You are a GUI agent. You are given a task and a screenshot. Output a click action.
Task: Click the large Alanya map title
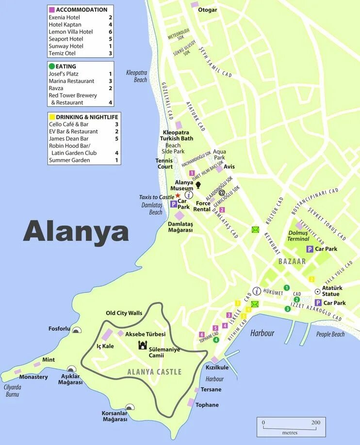pos(76,232)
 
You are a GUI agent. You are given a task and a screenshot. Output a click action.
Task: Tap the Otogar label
pos(208,10)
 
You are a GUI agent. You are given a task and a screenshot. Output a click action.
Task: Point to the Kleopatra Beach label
pos(137,76)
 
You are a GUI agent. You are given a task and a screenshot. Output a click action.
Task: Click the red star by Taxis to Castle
pos(178,195)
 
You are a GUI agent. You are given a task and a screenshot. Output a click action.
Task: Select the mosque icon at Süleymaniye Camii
pos(143,345)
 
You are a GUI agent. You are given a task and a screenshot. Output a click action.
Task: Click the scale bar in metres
pos(290,426)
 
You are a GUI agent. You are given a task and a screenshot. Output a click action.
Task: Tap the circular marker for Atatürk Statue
pos(317,291)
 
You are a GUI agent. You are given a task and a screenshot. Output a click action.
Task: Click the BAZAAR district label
pos(292,261)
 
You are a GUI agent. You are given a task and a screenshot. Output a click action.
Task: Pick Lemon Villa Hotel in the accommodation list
pos(70,32)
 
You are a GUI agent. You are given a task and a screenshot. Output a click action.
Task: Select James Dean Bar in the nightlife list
pos(68,139)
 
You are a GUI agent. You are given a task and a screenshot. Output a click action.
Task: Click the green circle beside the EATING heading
pos(51,66)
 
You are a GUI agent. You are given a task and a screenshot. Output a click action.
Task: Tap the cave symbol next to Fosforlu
pos(76,330)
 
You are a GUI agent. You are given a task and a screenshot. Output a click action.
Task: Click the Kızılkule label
pos(217,367)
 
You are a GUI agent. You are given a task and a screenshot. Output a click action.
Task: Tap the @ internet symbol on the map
pos(222,192)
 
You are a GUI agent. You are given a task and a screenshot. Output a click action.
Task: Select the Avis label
pos(229,167)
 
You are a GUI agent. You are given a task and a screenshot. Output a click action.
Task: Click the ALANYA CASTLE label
pos(154,372)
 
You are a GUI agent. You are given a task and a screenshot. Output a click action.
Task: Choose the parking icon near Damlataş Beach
pos(173,204)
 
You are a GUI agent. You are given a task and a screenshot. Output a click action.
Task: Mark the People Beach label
pos(330,334)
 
